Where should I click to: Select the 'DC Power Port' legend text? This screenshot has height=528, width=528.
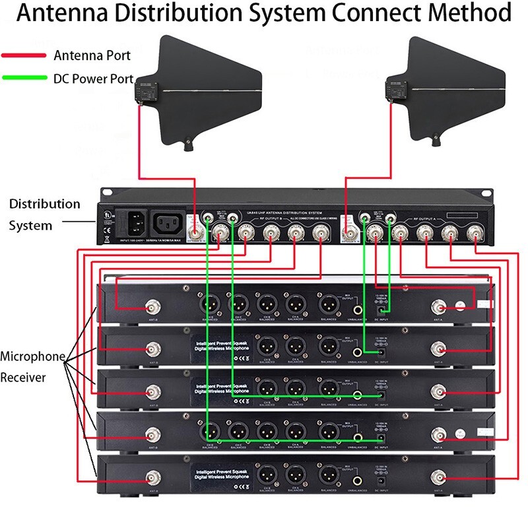[94, 78]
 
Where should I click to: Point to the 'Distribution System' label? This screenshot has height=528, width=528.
[44, 214]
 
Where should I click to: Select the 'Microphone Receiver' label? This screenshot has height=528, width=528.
[32, 367]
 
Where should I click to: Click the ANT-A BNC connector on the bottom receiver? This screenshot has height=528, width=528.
[438, 477]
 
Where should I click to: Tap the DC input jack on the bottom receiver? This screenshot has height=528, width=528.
[380, 483]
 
